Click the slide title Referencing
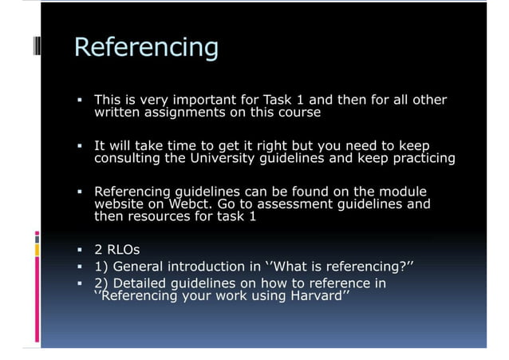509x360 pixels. coord(145,47)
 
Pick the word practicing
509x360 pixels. coord(420,158)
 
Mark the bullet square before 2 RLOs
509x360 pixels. coord(81,250)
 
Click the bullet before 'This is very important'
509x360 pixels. coord(81,101)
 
